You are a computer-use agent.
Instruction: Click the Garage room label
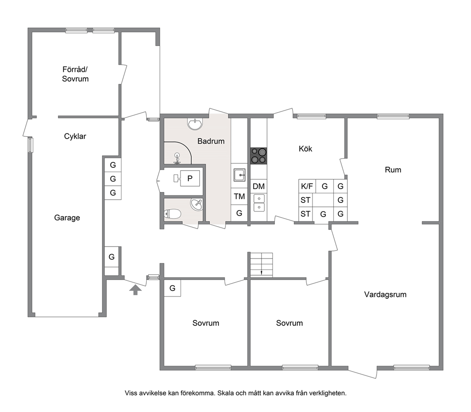click(x=67, y=218)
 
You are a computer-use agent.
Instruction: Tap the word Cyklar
click(x=75, y=136)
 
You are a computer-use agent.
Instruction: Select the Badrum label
click(x=211, y=141)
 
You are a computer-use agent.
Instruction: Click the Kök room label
click(x=305, y=149)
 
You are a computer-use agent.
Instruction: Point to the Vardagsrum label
click(x=386, y=295)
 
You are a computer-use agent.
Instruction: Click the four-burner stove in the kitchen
click(x=259, y=156)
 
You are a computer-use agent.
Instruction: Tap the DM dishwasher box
click(x=259, y=186)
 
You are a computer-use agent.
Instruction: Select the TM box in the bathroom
click(x=239, y=196)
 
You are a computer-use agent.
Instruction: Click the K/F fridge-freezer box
click(x=307, y=186)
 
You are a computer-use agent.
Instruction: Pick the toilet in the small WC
click(x=172, y=214)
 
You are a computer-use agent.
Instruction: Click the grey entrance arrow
click(x=135, y=290)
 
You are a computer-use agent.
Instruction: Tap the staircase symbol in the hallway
click(x=262, y=265)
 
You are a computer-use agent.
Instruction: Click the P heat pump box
click(x=187, y=178)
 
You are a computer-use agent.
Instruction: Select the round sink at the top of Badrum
click(x=195, y=124)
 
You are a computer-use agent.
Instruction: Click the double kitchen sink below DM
click(x=259, y=203)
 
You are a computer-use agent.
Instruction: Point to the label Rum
click(x=393, y=170)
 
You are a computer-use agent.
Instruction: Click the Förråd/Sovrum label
click(x=75, y=74)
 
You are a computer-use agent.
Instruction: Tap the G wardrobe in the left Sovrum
click(x=172, y=288)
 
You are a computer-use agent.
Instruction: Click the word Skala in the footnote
click(x=225, y=393)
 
